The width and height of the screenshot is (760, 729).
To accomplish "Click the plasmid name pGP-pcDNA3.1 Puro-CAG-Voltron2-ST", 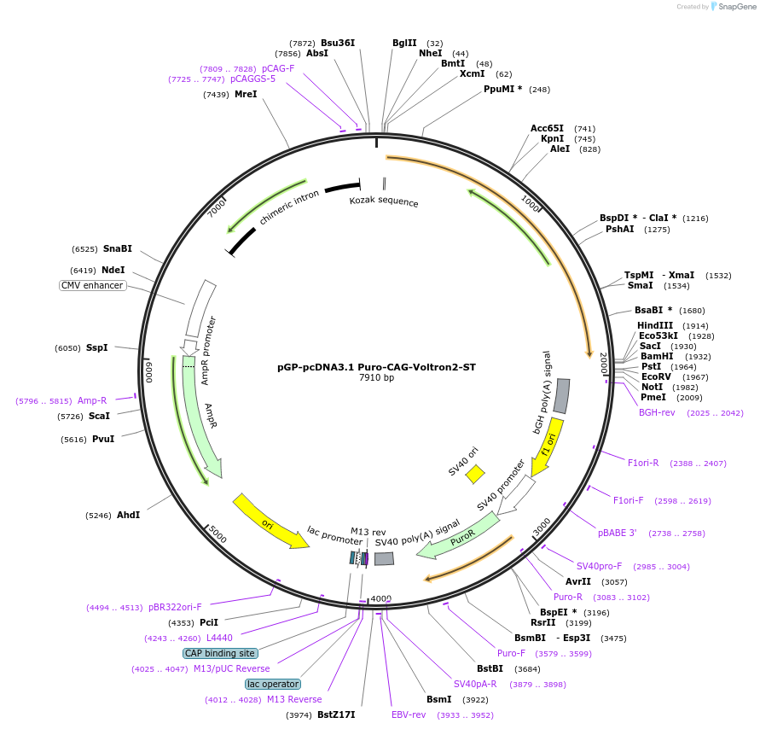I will pyautogui.click(x=376, y=367).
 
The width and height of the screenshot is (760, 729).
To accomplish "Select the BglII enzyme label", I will pyautogui.click(x=404, y=43).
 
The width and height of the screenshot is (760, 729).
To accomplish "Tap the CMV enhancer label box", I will pyautogui.click(x=92, y=285).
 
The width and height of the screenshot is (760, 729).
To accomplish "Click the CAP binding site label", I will pyautogui.click(x=219, y=653).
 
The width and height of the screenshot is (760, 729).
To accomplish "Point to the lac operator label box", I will pyautogui.click(x=273, y=684).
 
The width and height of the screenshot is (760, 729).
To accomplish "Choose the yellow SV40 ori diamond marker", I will pyautogui.click(x=475, y=474).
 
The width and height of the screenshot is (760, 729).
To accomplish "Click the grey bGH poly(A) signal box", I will pyautogui.click(x=562, y=396).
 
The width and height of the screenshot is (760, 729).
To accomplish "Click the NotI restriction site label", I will pyautogui.click(x=653, y=387).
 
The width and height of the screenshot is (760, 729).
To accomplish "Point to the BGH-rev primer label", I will pyautogui.click(x=657, y=412).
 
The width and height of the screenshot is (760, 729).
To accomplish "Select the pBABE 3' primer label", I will pyautogui.click(x=618, y=533).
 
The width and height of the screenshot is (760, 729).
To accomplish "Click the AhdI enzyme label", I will pyautogui.click(x=128, y=515).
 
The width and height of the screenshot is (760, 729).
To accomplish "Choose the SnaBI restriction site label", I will pyautogui.click(x=118, y=248).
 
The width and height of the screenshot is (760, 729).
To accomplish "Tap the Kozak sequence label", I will pyautogui.click(x=384, y=201).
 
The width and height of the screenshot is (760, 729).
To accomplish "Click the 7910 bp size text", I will pyautogui.click(x=376, y=377).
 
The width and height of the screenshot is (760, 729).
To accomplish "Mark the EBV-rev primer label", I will pyautogui.click(x=409, y=714).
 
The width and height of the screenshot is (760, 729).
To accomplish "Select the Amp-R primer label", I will pyautogui.click(x=92, y=400).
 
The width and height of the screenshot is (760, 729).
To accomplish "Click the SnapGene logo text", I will pyautogui.click(x=738, y=7).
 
